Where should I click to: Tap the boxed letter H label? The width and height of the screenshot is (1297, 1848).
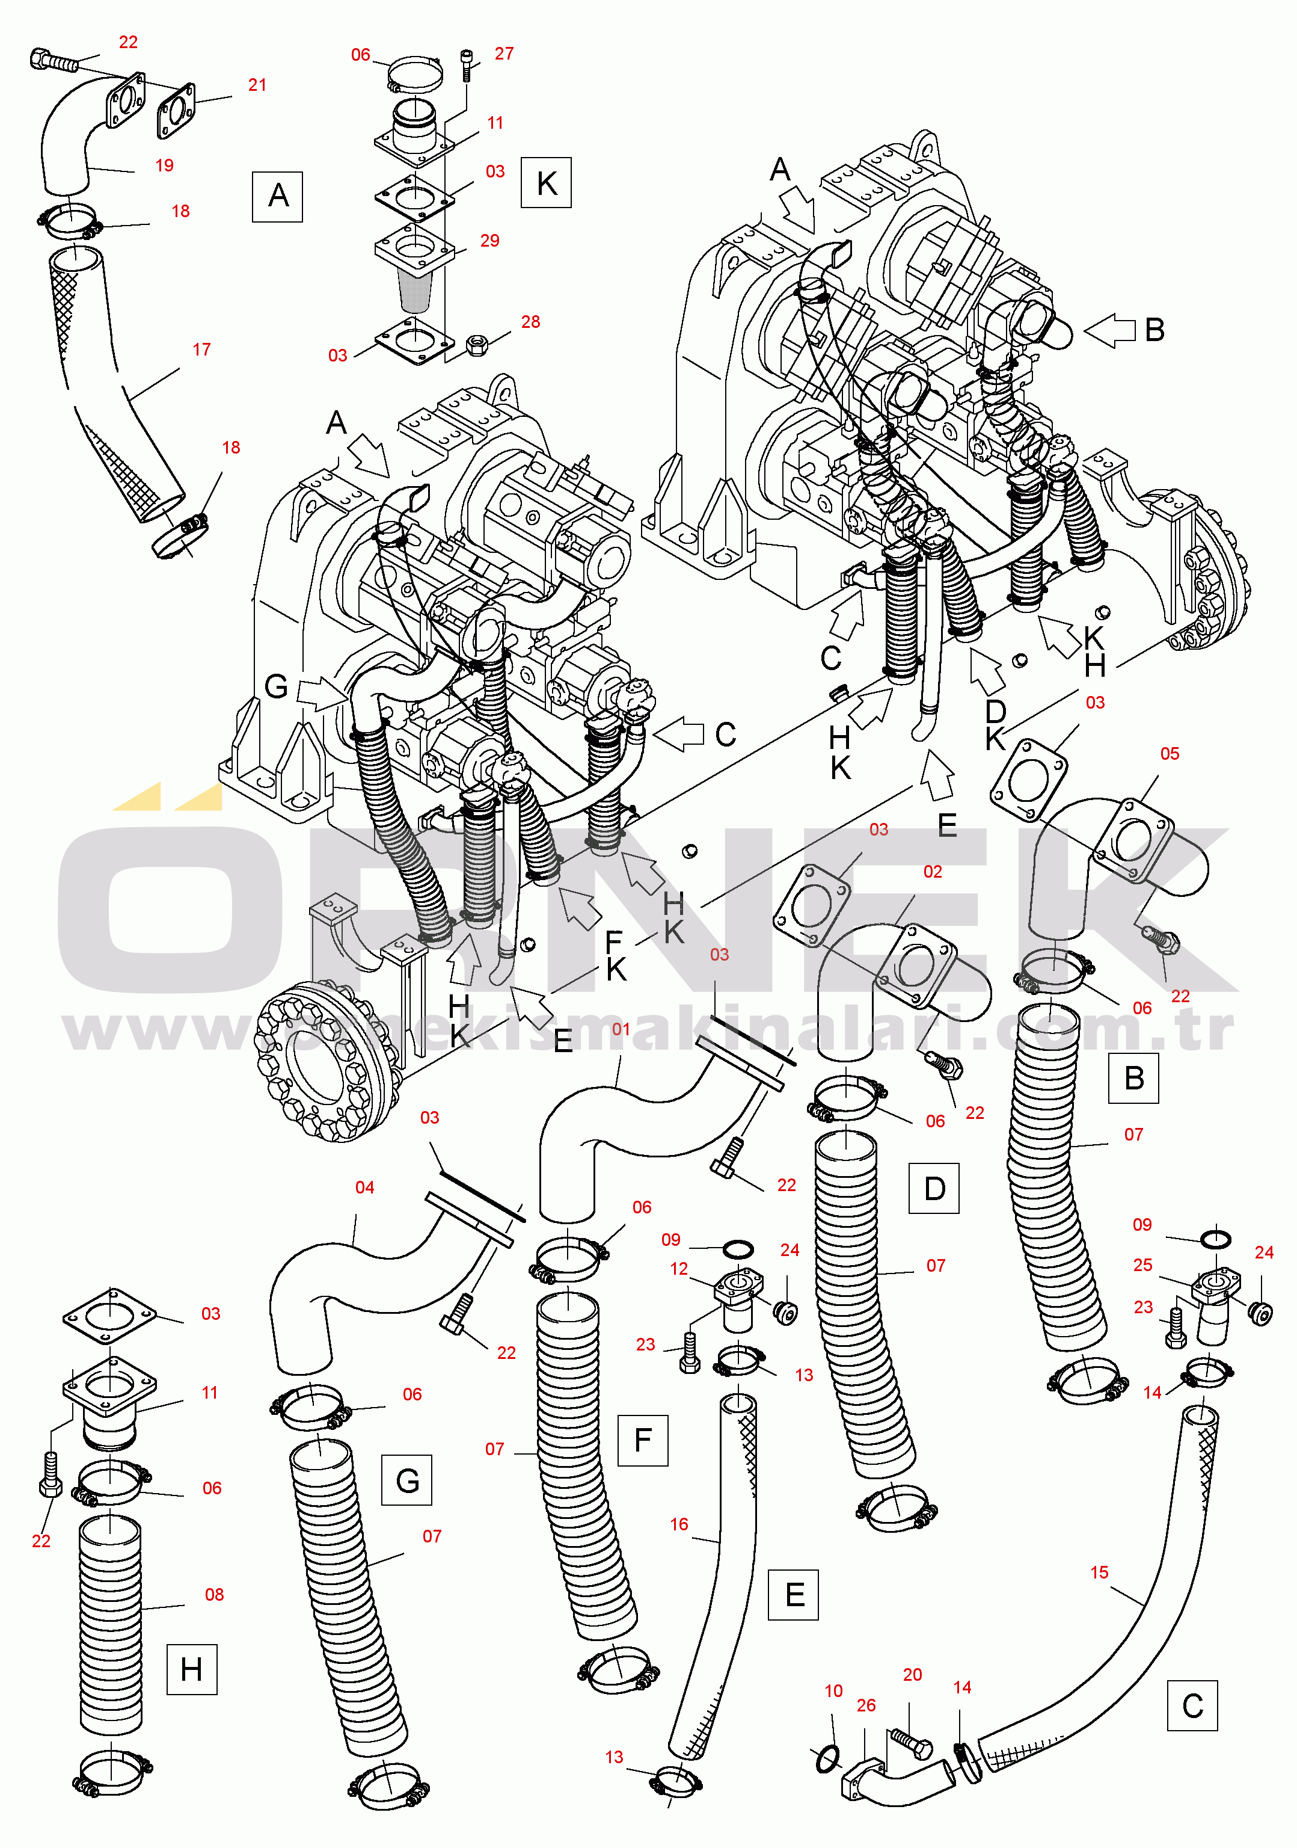click(x=191, y=1669)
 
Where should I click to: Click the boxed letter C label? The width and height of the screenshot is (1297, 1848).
click(x=1192, y=1705)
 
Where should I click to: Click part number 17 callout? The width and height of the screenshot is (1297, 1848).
click(x=201, y=350)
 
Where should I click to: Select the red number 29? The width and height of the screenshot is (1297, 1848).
click(x=489, y=241)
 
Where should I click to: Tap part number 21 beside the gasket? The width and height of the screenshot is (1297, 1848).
click(x=257, y=84)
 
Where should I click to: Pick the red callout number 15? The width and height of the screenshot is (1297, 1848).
click(x=1099, y=1571)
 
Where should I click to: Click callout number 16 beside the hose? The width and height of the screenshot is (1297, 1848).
click(x=679, y=1524)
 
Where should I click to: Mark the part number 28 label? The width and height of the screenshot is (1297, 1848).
click(x=530, y=321)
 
